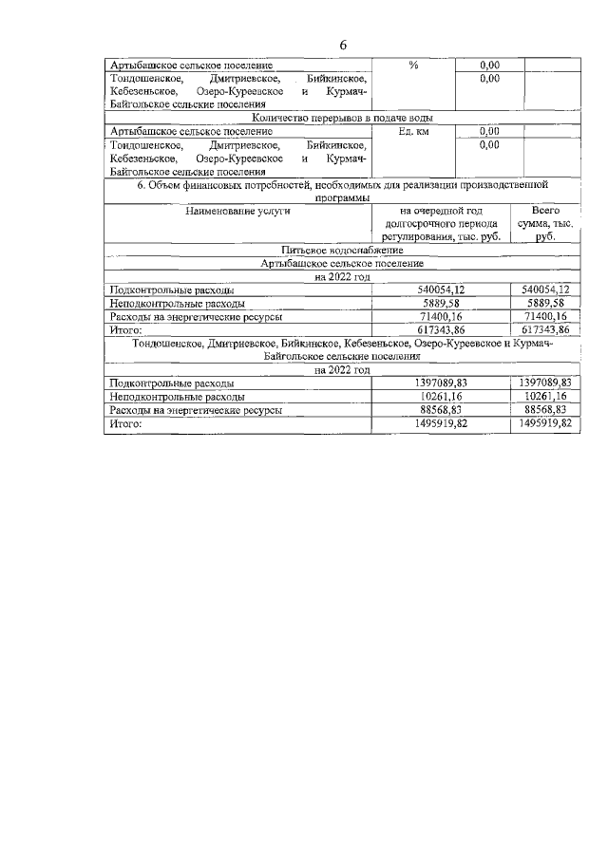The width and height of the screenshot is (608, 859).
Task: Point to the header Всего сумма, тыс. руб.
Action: (544, 223)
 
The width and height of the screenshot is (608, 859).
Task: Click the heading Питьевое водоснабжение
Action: (342, 250)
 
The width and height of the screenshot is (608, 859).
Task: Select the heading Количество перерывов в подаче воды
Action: (342, 118)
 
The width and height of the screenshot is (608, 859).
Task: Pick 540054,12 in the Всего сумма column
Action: (544, 289)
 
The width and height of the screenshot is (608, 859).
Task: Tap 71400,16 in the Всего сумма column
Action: (544, 316)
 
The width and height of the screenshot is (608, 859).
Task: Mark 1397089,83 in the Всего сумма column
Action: (544, 383)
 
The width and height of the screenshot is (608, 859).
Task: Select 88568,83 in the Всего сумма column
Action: (544, 409)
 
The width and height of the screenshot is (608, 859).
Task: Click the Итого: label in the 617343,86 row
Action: (125, 329)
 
